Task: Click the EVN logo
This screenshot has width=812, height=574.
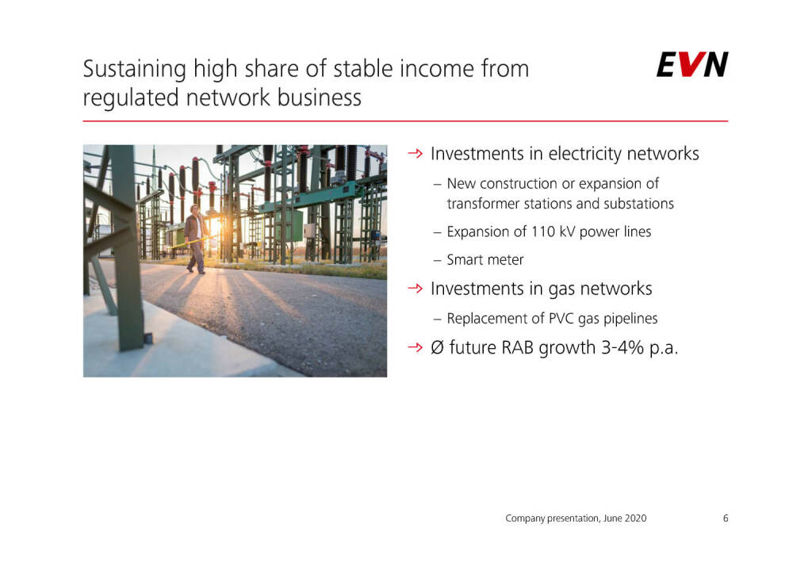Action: tap(692, 64)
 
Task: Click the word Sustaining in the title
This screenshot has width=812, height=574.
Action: tap(135, 70)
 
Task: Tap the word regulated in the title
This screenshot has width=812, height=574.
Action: tap(131, 98)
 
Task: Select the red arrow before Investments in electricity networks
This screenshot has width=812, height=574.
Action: tap(416, 153)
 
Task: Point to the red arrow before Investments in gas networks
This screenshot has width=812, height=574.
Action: tap(416, 289)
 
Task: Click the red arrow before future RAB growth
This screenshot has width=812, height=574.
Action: tap(416, 346)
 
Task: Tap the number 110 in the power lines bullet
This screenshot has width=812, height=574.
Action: tap(543, 232)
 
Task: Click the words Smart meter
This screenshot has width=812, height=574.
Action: tap(485, 259)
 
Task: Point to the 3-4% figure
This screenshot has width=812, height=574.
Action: tap(622, 347)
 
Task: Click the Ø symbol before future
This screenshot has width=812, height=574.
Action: tap(437, 347)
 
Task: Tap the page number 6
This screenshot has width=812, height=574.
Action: tap(726, 518)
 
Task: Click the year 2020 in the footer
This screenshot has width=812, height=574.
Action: tap(635, 518)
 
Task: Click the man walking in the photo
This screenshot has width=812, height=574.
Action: tap(196, 239)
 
